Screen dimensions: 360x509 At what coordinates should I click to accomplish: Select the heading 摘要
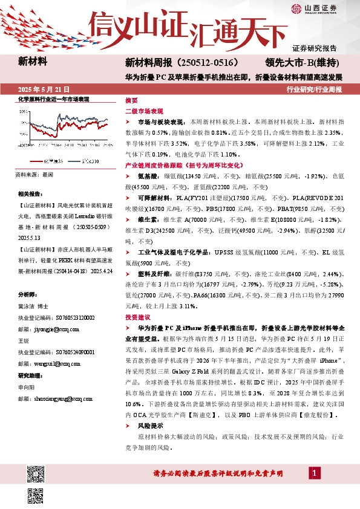coord(131,100)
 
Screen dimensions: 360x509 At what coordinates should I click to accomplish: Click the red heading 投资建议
coord(136,317)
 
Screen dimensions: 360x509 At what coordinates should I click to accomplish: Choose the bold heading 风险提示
coord(149,426)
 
